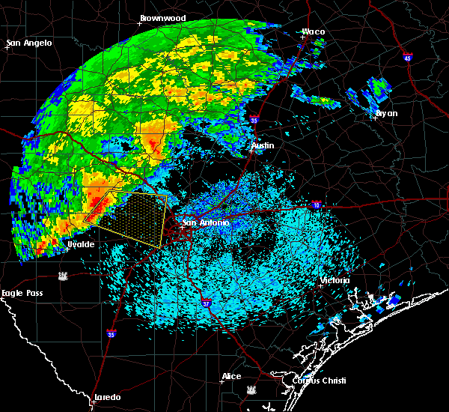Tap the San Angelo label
30,43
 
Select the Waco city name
314,31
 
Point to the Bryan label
387,113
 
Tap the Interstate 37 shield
205,300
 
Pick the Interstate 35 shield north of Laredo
112,333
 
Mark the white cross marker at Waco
302,37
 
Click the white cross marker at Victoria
320,285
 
